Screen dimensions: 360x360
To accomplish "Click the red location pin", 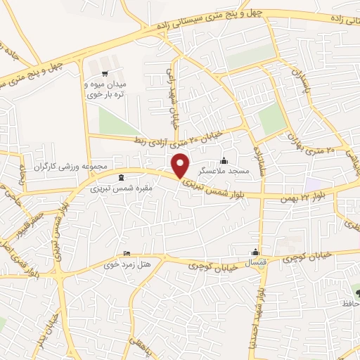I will click(181, 165).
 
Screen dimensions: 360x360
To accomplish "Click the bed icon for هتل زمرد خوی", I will click(127, 253).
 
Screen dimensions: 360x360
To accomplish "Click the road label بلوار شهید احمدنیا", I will click(260, 316).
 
